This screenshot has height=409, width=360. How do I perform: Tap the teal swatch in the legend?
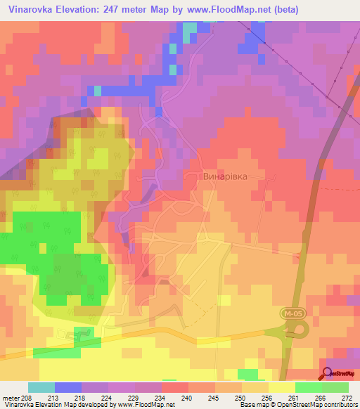pos(41,387)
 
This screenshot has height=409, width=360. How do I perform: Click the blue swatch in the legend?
pos(68,387)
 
